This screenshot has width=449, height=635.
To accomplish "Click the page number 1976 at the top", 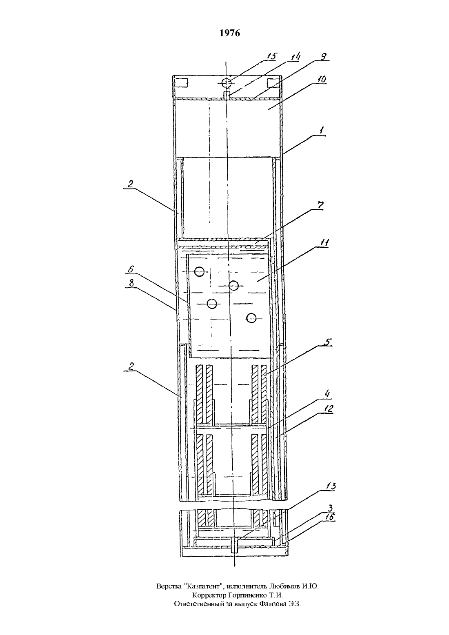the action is (x=229, y=33).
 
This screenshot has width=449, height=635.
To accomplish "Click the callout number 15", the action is (x=271, y=56).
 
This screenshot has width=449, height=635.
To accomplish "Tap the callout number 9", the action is (x=324, y=57).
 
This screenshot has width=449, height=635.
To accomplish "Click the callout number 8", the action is (x=131, y=284).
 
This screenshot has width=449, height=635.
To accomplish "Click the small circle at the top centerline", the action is (x=227, y=83).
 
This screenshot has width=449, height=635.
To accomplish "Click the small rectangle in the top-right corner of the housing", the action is (x=273, y=83).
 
